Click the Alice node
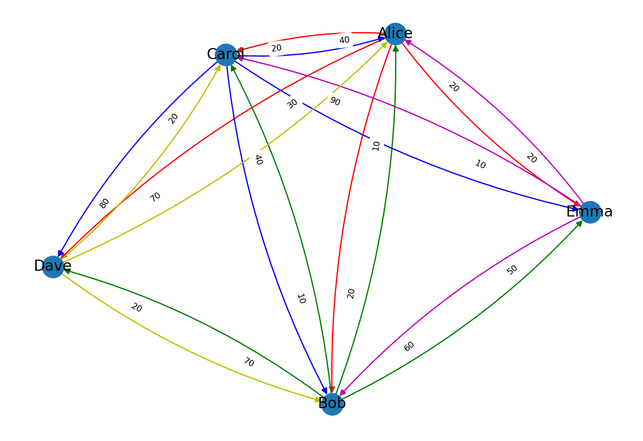(x=395, y=34)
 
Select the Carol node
(x=226, y=55)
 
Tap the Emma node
(x=590, y=212)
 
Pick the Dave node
(x=53, y=266)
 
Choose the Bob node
(x=332, y=404)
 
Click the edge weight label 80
(x=104, y=203)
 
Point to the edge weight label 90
(x=335, y=101)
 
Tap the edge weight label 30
(x=292, y=104)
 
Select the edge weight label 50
(x=512, y=270)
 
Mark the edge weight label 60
(x=409, y=346)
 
